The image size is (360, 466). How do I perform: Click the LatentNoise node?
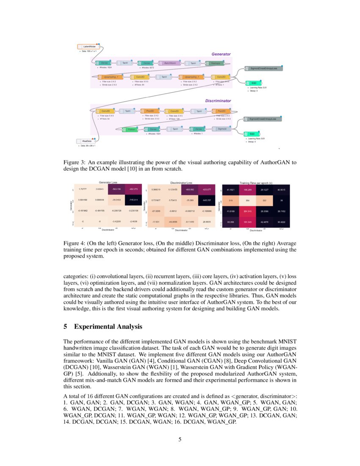click(88, 46)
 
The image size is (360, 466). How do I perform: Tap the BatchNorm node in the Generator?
click(170, 63)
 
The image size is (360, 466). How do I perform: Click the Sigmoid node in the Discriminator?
click(222, 128)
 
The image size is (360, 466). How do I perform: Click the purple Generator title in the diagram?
click(221, 54)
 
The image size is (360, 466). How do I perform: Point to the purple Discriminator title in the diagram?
click(218, 101)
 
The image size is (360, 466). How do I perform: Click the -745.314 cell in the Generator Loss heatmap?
click(134, 199)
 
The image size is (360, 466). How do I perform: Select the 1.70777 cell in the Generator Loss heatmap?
click(83, 189)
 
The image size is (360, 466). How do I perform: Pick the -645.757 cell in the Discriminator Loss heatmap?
click(206, 199)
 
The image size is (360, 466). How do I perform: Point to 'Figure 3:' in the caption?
click(75, 162)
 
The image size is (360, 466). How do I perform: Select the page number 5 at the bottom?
click(180, 439)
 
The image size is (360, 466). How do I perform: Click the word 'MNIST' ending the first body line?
click(287, 341)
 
